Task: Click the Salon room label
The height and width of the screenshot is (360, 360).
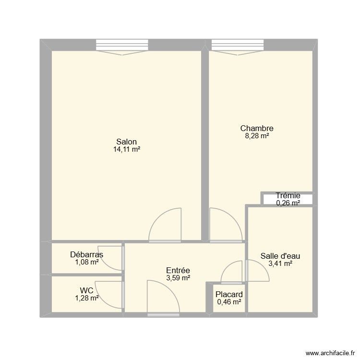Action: coord(126,142)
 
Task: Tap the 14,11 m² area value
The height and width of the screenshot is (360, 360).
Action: coord(126,149)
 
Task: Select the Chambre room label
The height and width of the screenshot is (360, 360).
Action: coord(257,128)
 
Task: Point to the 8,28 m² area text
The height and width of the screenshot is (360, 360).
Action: coord(257,136)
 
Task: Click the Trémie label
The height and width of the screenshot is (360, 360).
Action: coord(288,195)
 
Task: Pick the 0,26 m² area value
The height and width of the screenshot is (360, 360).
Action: coord(288,203)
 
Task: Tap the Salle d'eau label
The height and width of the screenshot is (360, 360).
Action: coord(281,256)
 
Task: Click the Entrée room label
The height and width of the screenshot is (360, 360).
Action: coord(178,270)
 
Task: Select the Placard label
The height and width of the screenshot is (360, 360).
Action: coord(229,294)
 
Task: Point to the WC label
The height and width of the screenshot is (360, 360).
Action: coord(86,290)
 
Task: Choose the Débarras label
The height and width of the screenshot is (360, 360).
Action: coord(87,254)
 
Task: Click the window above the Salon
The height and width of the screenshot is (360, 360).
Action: coord(123,45)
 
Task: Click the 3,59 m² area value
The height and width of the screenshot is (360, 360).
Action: coord(178,278)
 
